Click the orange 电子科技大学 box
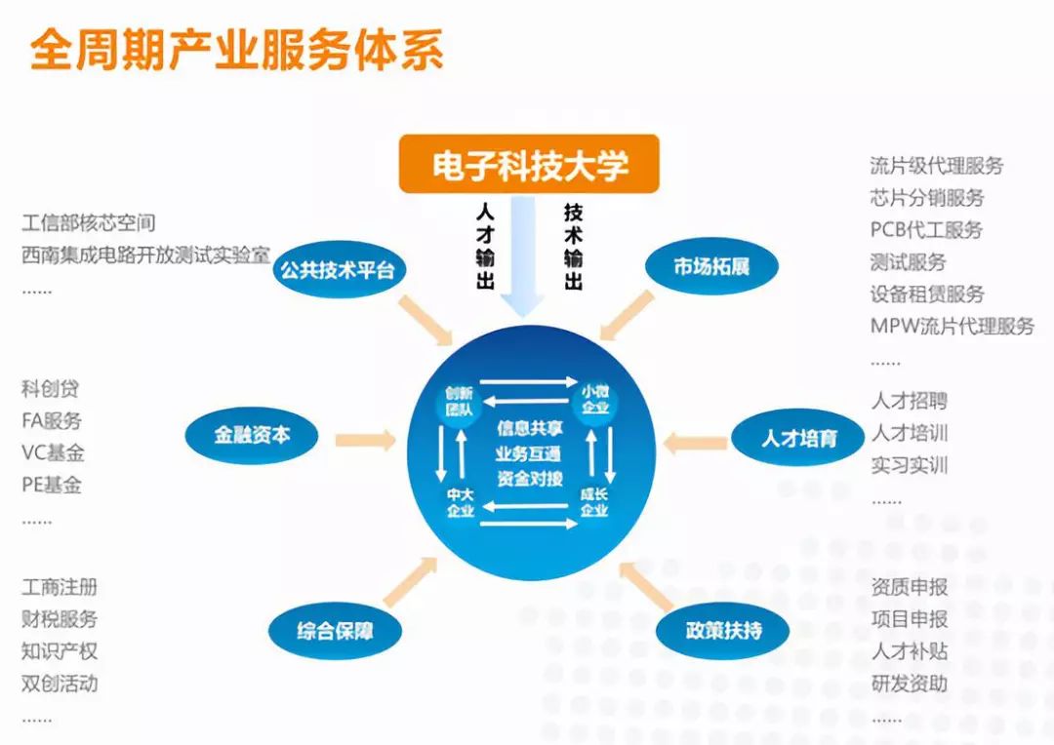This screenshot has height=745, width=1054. [x=529, y=164]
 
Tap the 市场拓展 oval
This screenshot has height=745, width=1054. [x=711, y=266]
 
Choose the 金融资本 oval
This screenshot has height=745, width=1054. [x=252, y=435]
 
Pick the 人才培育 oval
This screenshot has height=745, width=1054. [x=798, y=438]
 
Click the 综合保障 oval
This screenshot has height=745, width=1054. [x=335, y=631]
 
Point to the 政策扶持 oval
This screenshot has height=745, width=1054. [x=723, y=630]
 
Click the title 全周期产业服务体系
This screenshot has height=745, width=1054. [x=236, y=49]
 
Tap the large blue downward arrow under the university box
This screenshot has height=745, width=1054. [x=523, y=256]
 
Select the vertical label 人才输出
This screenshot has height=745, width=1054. [x=485, y=246]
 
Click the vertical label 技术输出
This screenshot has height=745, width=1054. [x=573, y=246]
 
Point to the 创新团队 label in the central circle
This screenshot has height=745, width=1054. [x=459, y=401]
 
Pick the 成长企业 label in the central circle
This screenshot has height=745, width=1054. [x=594, y=502]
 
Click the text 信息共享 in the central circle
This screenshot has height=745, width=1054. [x=530, y=429]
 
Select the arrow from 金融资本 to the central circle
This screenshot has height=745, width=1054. [x=366, y=440]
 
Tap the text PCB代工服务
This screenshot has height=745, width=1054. [x=926, y=230]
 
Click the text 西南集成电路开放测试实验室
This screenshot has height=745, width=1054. [x=145, y=255]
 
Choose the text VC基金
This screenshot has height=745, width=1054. [x=53, y=452]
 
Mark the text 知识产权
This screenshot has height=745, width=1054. [x=60, y=651]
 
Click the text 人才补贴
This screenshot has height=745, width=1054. [x=910, y=651]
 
